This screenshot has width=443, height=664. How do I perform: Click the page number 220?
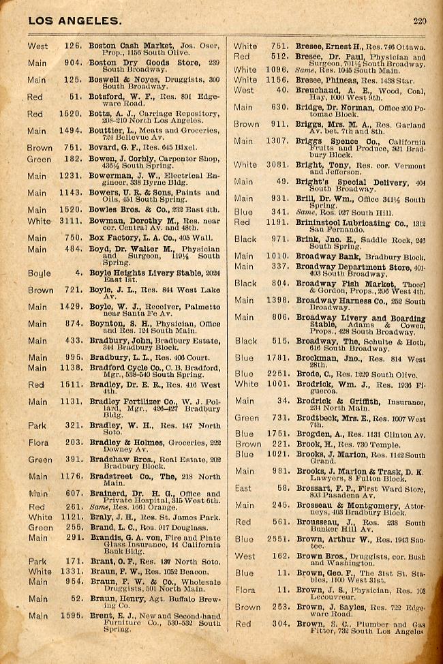(x=419, y=21)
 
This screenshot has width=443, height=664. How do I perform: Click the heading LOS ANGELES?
(x=74, y=21)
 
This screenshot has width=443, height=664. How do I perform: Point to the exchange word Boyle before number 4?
(x=39, y=273)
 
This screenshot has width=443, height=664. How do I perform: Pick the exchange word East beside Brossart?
(x=243, y=488)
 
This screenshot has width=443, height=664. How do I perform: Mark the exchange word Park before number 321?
(x=37, y=425)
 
